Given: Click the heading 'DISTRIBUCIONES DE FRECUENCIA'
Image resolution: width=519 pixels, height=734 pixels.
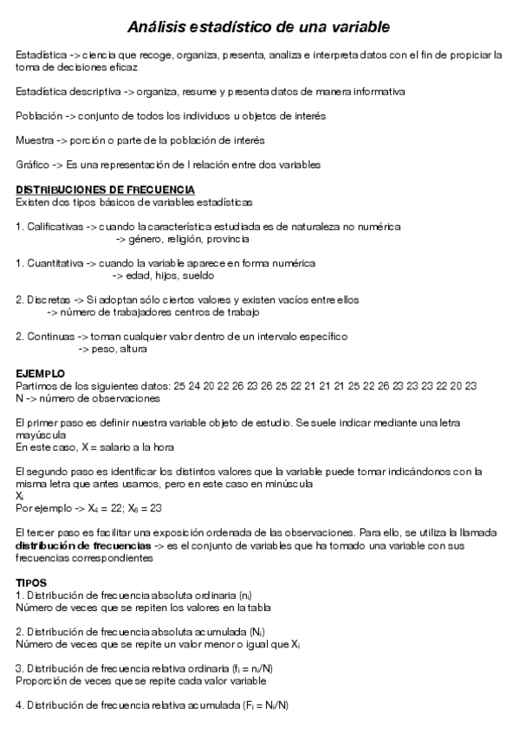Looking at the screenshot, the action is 105,190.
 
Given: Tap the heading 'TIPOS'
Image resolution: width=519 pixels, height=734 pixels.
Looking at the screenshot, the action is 32,583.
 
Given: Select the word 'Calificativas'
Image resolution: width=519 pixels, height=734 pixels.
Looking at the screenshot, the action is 55,227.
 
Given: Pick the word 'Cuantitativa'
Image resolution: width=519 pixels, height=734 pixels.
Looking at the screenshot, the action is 55,263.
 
